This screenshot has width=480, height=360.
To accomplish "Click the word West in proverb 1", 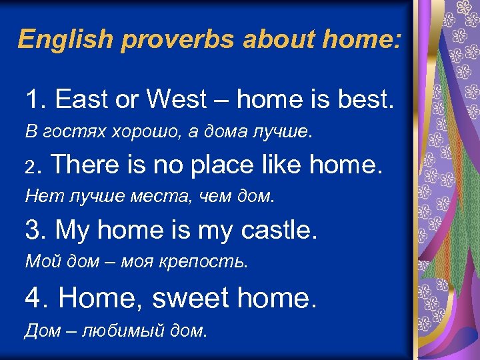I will pos(176,100).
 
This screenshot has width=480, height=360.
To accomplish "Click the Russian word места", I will pos(155,196).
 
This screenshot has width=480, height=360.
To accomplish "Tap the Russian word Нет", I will pos(39,196).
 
